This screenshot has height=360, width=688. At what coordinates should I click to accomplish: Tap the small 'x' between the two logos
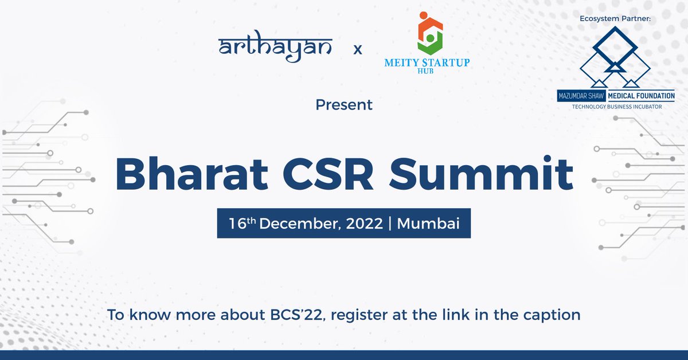[358, 49]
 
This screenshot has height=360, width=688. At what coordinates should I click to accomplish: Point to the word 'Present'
[344, 105]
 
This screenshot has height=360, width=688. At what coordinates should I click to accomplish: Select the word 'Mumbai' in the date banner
[429, 224]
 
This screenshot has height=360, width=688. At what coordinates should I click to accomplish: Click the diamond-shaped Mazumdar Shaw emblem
[615, 54]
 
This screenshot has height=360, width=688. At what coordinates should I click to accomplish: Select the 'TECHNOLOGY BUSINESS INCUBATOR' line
[616, 107]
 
